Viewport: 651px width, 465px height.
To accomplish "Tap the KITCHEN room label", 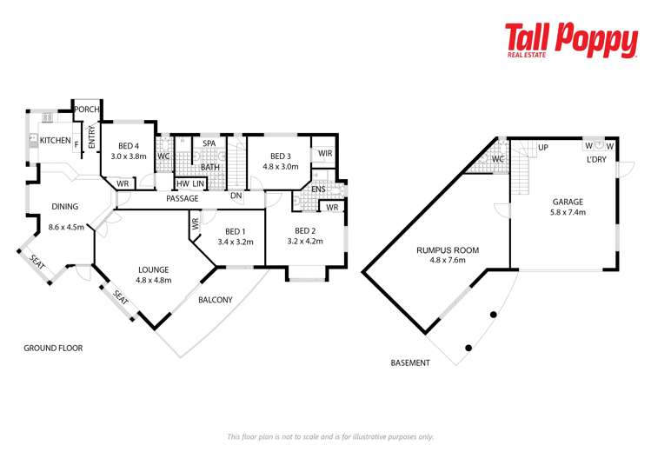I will pyautogui.click(x=55, y=140).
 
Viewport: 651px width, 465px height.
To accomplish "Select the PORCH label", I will pyautogui.click(x=86, y=110).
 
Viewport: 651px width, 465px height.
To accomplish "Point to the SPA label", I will pyautogui.click(x=209, y=143).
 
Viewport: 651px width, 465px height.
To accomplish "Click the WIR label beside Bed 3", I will pyautogui.click(x=325, y=154).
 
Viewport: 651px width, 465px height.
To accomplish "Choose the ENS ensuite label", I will pyautogui.click(x=318, y=189).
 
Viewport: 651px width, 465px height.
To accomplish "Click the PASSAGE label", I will pyautogui.click(x=181, y=198).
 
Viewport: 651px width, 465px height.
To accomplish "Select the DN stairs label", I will pyautogui.click(x=236, y=196).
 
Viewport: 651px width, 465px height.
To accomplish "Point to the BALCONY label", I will pyautogui.click(x=216, y=300).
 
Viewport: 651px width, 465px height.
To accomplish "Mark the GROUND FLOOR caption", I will pyautogui.click(x=52, y=348).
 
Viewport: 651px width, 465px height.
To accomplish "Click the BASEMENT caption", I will pyautogui.click(x=410, y=362).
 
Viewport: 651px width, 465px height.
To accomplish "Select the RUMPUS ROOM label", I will pyautogui.click(x=447, y=250).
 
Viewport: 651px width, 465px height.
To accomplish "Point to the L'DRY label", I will pyautogui.click(x=596, y=160).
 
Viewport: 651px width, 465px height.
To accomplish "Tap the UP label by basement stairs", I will pyautogui.click(x=543, y=148).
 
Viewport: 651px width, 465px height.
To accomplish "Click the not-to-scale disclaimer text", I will pyautogui.click(x=329, y=436).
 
